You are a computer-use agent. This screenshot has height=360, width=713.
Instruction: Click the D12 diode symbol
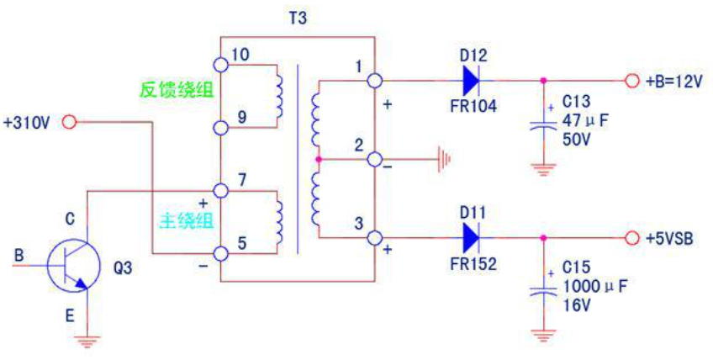[x=472, y=81]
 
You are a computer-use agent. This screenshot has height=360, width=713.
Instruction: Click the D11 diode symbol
[x=472, y=238]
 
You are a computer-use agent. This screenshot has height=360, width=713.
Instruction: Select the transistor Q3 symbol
[x=74, y=265]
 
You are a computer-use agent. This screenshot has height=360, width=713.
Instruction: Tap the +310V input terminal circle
[x=70, y=122]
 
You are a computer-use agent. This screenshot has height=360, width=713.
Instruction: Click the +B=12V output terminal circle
[x=631, y=81]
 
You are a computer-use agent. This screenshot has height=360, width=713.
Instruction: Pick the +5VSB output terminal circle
[x=631, y=238]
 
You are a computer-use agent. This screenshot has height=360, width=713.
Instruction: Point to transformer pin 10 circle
[x=220, y=65]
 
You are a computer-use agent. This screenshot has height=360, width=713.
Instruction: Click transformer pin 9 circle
[x=220, y=128]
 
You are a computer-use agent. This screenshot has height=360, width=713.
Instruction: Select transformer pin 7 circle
[x=220, y=191]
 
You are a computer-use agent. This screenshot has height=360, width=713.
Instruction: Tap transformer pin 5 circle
[x=220, y=254]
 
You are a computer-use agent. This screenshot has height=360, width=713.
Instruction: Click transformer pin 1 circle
[x=375, y=81]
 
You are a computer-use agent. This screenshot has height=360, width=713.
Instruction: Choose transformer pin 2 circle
[x=375, y=159]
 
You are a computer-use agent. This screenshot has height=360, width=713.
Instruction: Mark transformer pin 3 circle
[x=375, y=238]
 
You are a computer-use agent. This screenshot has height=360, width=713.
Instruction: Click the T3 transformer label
[x=298, y=19]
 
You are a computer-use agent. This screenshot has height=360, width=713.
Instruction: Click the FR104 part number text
[x=474, y=107]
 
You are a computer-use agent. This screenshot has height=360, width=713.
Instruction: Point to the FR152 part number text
[x=474, y=264]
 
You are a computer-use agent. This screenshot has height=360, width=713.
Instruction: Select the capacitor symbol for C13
[x=543, y=124]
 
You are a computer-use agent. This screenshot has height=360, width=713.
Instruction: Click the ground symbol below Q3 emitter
[x=87, y=341]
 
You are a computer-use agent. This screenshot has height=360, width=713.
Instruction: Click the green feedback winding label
[x=176, y=90]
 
